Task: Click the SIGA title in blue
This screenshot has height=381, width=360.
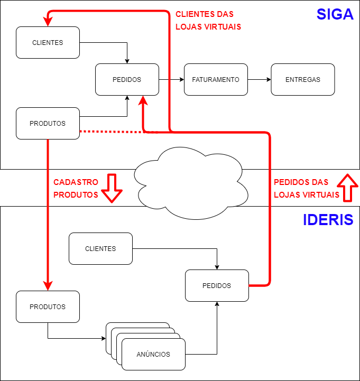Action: [x=335, y=14]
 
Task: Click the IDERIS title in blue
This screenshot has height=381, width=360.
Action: [x=328, y=220]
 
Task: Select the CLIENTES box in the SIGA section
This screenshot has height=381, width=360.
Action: [x=48, y=42]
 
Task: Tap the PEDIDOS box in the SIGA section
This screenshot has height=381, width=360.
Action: [x=127, y=79]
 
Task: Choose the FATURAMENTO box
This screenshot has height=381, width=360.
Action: [x=216, y=79]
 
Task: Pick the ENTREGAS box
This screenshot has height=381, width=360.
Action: [x=303, y=79]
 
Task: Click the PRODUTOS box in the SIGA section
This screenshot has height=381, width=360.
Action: [x=48, y=123]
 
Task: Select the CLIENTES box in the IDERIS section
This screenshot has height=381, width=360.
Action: [x=100, y=248]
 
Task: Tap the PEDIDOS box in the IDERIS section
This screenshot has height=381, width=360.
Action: [x=217, y=285]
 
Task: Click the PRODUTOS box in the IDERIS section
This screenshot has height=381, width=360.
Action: [x=48, y=306]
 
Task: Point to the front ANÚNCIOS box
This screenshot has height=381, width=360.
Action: [x=153, y=354]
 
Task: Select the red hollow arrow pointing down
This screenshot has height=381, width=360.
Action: [x=112, y=188]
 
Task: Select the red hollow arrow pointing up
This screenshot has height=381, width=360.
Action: [x=347, y=188]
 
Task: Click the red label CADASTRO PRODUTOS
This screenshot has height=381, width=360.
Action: [x=76, y=188]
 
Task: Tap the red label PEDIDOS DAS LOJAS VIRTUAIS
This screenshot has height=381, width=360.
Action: [x=307, y=188]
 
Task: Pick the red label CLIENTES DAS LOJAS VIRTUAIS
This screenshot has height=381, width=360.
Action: [x=205, y=20]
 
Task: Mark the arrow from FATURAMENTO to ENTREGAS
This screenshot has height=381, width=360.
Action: [x=259, y=79]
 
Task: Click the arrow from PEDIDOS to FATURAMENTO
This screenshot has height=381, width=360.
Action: [x=171, y=79]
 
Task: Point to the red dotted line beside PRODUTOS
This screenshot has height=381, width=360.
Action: [x=111, y=131]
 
